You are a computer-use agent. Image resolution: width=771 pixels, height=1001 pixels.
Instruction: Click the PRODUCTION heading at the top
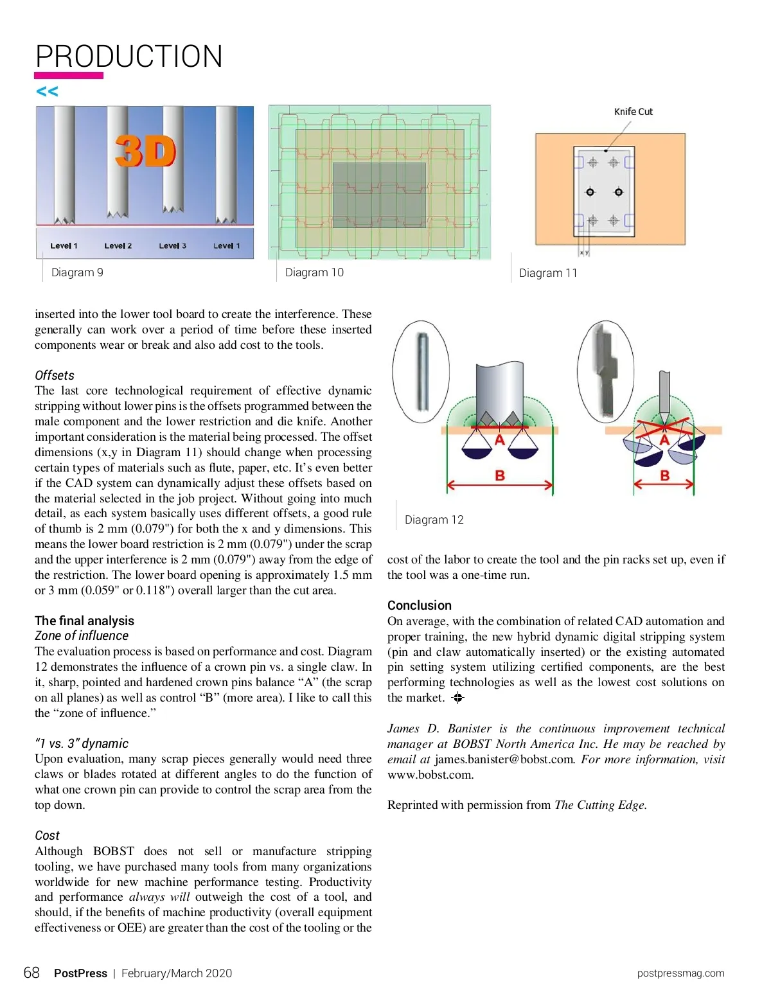(x=128, y=57)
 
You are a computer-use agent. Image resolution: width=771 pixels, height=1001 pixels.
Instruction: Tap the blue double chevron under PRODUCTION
(x=47, y=91)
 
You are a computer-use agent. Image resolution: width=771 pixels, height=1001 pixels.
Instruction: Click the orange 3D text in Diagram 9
(x=146, y=152)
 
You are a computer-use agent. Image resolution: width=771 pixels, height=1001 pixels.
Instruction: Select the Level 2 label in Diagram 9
(x=118, y=245)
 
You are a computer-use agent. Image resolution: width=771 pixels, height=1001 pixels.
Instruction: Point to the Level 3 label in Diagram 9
(x=172, y=245)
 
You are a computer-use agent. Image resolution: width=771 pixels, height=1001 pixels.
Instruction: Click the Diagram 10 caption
(x=314, y=272)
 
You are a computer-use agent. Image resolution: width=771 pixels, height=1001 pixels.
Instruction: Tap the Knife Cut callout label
(x=633, y=112)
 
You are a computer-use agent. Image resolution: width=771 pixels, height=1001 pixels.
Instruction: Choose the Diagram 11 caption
(x=548, y=273)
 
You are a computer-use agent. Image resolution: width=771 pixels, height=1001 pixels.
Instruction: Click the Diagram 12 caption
(x=434, y=520)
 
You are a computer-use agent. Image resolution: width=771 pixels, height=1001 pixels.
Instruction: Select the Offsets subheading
(x=55, y=375)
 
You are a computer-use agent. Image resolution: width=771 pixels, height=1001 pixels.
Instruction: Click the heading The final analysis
(x=84, y=621)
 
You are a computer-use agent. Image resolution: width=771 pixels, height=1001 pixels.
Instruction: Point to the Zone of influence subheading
(x=82, y=635)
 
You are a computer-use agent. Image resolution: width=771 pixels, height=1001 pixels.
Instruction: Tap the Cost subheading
(x=47, y=835)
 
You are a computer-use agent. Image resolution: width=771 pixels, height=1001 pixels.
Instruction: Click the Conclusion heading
(x=419, y=605)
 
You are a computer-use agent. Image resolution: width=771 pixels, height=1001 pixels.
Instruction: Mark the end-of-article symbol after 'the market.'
(x=457, y=698)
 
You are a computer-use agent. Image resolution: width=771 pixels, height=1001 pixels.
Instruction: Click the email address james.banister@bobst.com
(x=504, y=759)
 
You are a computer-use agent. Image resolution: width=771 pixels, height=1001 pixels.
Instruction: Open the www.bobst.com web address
(x=429, y=775)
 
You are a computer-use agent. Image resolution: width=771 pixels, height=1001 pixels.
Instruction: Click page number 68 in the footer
(x=31, y=973)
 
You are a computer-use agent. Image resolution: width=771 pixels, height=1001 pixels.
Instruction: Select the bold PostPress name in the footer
(x=80, y=973)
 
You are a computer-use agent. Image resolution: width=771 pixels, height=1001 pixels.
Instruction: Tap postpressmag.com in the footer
(x=680, y=973)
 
